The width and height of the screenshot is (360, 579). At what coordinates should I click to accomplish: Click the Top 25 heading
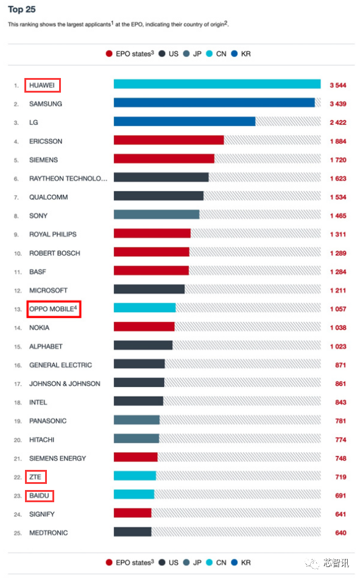pos(22,10)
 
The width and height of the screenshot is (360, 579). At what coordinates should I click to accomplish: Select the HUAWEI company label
pos(43,85)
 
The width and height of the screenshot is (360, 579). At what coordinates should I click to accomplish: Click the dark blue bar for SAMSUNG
pos(214,104)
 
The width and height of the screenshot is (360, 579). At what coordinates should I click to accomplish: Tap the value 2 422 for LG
pos(337,123)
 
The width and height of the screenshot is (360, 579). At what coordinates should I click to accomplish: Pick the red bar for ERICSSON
pos(169,141)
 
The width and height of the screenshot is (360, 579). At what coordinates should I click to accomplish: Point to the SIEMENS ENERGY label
pos(57,458)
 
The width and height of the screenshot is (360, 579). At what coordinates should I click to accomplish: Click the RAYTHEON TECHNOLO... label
pos(68,179)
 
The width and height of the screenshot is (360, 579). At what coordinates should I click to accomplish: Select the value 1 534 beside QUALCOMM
pos(337,197)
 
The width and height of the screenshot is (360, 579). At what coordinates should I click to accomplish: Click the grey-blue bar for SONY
pos(157,216)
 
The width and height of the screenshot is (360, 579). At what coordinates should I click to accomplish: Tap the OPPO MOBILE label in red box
pos(54,309)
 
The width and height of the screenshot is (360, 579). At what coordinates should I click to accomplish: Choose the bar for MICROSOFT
pos(149,290)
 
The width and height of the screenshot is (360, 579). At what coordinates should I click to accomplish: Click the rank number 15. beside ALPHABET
pos(17,347)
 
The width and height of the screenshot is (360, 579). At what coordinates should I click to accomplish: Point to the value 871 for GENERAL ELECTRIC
pos(340,365)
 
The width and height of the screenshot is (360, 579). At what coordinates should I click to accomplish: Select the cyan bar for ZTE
pos(135,477)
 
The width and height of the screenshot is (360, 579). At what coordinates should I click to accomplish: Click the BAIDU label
pos(40,496)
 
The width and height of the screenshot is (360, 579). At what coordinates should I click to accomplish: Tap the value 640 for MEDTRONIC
pos(340,533)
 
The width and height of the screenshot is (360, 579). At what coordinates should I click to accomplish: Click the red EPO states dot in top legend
pos(109,54)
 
